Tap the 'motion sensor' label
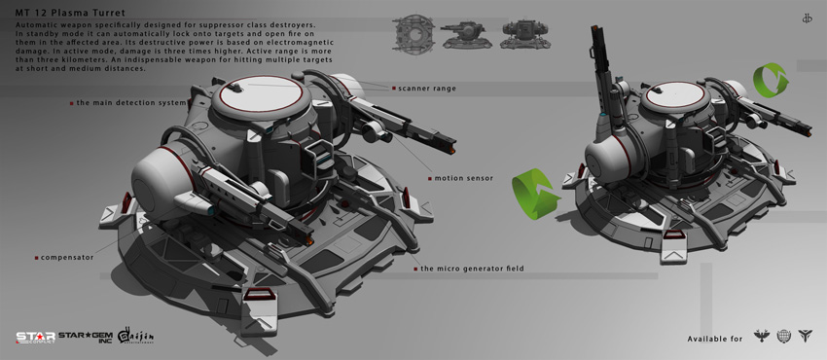(464, 178)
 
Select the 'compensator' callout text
(66, 258)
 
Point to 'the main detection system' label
(129, 102)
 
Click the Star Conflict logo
(34, 338)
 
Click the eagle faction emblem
(760, 337)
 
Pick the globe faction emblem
(784, 337)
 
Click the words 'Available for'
(715, 339)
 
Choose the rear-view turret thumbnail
(521, 36)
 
